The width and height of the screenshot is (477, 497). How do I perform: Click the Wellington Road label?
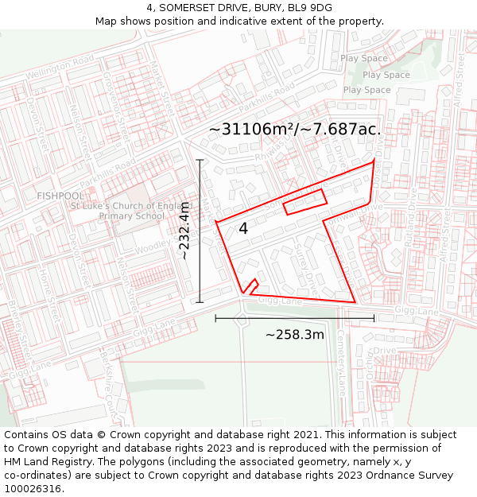pos(54,68)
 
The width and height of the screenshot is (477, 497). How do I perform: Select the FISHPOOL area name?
pos(60,196)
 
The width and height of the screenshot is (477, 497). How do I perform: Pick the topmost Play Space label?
pos(364,59)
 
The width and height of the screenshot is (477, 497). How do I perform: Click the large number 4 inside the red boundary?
pos(243,229)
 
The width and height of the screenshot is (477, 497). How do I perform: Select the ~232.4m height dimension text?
pos(184,231)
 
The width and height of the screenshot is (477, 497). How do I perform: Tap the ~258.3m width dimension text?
pos(294,335)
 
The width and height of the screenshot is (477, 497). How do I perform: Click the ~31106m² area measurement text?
pos(295,128)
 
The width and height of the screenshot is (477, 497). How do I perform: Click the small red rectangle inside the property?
pos(304,201)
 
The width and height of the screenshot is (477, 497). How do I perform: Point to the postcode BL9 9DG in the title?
pos(306,8)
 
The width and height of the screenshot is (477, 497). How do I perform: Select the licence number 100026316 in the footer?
pos(34,488)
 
